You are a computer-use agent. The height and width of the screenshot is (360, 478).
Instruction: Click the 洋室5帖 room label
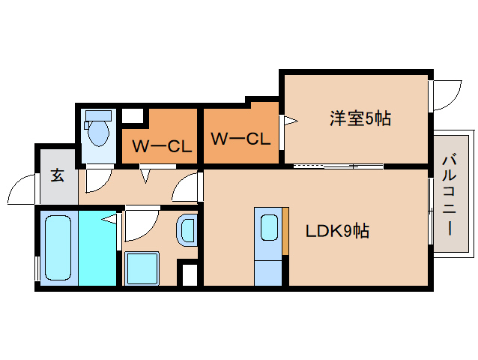(x=360, y=118)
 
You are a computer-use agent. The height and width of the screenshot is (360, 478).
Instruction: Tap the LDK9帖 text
(x=336, y=232)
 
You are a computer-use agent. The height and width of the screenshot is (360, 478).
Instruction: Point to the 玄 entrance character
(x=57, y=176)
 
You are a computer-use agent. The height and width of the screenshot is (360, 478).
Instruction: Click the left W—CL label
(x=162, y=145)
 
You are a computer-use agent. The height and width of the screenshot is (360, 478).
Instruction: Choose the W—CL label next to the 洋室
(x=239, y=138)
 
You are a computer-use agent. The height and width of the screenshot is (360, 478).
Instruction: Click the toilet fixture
(x=97, y=132)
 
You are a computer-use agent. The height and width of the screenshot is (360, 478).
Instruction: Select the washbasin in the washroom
(x=187, y=229)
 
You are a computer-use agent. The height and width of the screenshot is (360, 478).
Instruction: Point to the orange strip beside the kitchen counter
(x=285, y=232)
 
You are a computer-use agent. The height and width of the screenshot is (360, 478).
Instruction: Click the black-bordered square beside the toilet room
(x=133, y=116)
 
